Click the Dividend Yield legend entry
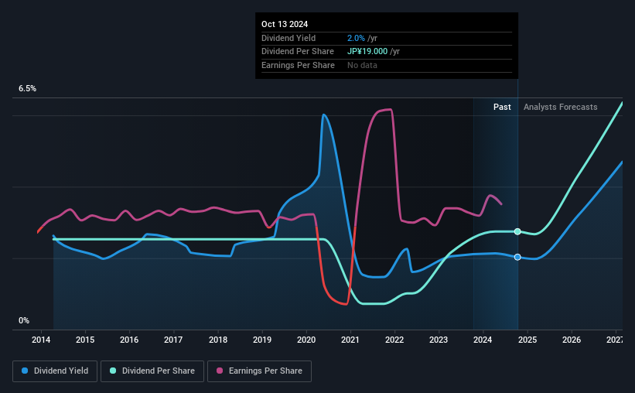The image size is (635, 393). click(x=55, y=371)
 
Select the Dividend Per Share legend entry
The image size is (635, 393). click(x=157, y=371)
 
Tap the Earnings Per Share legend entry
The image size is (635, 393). click(x=259, y=371)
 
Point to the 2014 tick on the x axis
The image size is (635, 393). click(x=41, y=340)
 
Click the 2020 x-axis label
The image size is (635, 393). click(x=306, y=340)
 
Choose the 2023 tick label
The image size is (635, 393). click(x=439, y=340)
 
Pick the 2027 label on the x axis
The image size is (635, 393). click(x=616, y=340)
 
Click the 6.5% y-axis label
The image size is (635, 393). click(x=28, y=89)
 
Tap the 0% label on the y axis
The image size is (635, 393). click(x=24, y=320)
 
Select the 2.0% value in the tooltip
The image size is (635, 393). click(x=357, y=38)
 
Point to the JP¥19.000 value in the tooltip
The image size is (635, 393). click(x=373, y=52)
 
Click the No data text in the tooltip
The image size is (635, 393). click(x=363, y=66)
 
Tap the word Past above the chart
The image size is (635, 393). click(x=502, y=108)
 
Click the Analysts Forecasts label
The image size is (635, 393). click(x=560, y=108)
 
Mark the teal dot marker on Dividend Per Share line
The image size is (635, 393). click(x=517, y=231)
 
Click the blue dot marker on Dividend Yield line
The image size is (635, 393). click(x=517, y=257)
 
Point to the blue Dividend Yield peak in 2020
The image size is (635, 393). click(x=323, y=115)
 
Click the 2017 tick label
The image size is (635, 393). click(x=173, y=340)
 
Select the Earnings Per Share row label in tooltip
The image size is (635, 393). click(x=298, y=66)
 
